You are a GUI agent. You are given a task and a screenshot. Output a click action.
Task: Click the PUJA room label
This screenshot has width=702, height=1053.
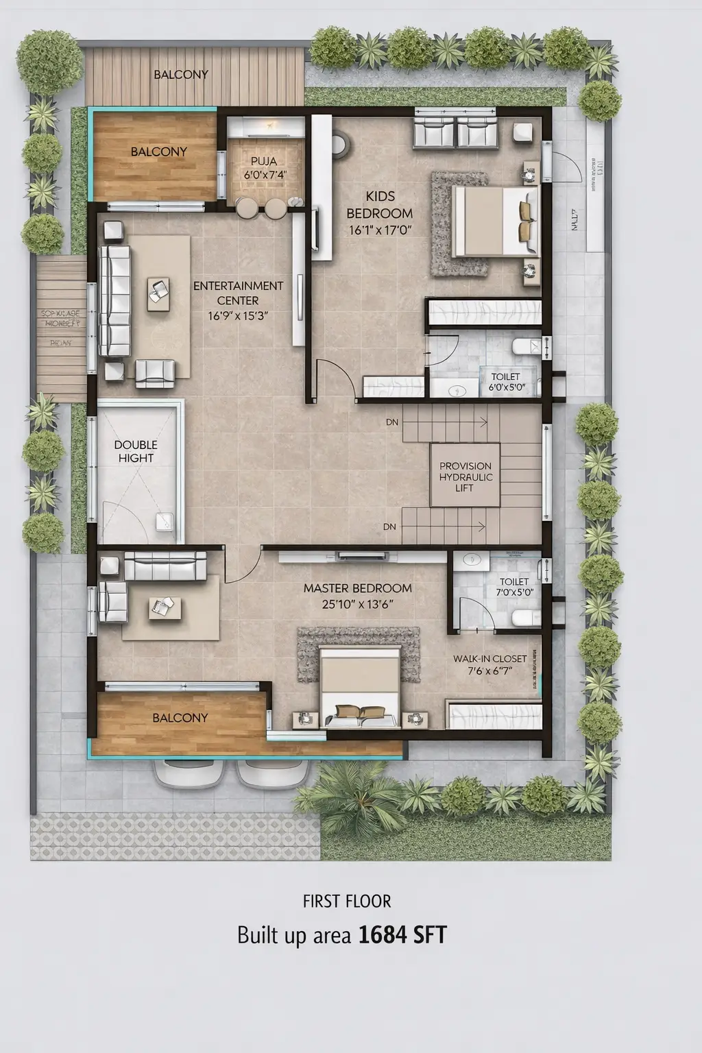[264, 162]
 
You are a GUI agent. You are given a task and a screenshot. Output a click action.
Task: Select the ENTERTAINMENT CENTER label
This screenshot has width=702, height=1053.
[238, 293]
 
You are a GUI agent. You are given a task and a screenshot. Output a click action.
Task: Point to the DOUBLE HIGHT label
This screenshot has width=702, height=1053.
[136, 452]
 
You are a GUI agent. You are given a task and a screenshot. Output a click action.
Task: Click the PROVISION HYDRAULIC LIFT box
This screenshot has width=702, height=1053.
[465, 476]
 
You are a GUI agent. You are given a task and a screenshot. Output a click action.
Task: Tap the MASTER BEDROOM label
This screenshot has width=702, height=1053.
[357, 588]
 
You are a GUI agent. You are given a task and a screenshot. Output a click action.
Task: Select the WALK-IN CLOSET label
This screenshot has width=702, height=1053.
[489, 659]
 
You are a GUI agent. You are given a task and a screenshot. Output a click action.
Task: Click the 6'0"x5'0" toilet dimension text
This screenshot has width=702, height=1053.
[507, 387]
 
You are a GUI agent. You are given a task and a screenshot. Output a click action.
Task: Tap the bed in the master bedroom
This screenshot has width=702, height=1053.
[361, 688]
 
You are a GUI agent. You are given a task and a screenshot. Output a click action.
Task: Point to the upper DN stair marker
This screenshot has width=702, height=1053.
[391, 423]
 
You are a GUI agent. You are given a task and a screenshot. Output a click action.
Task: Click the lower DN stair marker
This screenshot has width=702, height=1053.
[389, 527]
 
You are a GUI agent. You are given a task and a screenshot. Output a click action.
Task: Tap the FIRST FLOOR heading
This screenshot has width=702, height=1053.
[347, 901]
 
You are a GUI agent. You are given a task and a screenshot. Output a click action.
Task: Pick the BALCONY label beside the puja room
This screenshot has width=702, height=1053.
[158, 152]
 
